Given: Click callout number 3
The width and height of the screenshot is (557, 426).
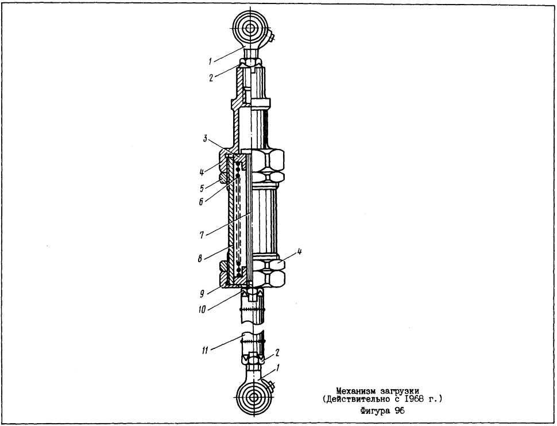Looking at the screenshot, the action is point(204,139).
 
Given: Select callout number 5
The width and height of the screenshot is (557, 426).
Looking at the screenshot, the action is point(202,189).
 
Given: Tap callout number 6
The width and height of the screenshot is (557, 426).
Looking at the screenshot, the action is point(201,202).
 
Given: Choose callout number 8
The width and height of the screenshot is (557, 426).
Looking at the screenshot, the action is point(200,259).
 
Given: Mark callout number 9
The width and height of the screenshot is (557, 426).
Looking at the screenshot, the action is point(202,294).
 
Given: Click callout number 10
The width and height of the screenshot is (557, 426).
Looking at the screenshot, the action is point(202,309).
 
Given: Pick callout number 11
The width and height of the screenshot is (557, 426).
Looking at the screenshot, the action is point(206,350).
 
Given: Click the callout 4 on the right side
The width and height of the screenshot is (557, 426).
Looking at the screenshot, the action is point(299,252).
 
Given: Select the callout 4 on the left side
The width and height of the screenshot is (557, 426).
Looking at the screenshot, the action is point(202,173).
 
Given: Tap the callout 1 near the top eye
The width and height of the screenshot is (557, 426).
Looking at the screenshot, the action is point(210,62).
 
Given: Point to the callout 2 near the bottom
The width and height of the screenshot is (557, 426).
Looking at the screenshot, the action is point(277,353).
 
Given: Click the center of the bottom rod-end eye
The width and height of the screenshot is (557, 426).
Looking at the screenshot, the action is point(253,397).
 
